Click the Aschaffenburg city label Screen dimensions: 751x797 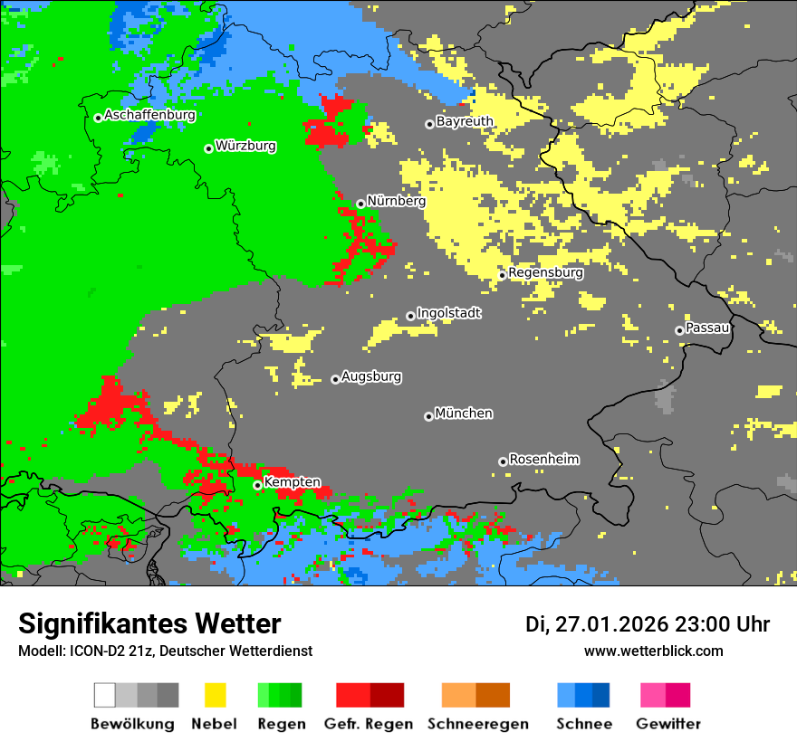[149, 115]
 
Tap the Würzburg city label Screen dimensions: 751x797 [245, 146]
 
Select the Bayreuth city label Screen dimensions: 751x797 [465, 121]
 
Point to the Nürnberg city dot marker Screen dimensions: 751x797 [360, 204]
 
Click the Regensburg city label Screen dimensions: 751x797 [545, 272]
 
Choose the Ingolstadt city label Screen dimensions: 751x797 [448, 313]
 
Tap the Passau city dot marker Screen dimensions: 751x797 [679, 330]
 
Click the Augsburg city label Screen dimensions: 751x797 [371, 376]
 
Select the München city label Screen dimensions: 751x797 [464, 414]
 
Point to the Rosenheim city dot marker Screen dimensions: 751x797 [503, 461]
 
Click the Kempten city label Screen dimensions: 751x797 [292, 482]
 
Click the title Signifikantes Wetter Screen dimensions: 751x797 [149, 623]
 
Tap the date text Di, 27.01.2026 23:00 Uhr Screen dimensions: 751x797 [648, 624]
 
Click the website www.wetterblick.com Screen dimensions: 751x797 [653, 651]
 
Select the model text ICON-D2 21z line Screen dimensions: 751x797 [165, 651]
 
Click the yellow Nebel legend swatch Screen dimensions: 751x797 [215, 695]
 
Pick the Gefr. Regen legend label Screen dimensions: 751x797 [369, 724]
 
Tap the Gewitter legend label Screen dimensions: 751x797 [668, 724]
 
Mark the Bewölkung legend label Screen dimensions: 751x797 [132, 724]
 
